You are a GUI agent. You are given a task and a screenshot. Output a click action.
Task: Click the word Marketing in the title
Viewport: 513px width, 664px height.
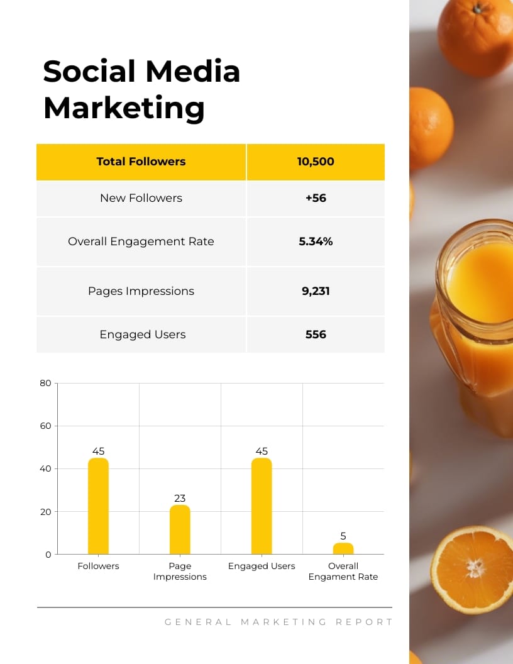point(124,108)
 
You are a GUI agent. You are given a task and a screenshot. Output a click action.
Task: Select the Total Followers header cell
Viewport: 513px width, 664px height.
point(141,162)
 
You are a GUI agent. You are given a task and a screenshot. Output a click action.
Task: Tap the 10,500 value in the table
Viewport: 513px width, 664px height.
point(316,162)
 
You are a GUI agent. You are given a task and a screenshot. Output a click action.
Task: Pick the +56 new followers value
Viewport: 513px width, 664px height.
point(316,198)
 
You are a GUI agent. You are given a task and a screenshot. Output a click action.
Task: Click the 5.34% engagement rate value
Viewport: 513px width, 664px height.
point(316,241)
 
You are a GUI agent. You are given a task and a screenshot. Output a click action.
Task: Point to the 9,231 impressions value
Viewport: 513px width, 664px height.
point(316,291)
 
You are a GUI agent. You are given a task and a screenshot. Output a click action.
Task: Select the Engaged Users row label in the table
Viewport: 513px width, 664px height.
point(143,335)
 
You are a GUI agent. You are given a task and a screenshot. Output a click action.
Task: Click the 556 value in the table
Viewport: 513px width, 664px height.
point(316,335)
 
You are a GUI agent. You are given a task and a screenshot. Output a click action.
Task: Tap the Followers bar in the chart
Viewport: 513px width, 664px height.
point(98,506)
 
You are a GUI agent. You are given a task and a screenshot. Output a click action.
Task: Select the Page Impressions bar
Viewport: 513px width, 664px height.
point(180,529)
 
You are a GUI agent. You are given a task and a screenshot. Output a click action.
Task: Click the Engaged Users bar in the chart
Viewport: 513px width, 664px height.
point(262,506)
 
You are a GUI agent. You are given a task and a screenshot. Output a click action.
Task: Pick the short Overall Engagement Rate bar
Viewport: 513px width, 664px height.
point(343,548)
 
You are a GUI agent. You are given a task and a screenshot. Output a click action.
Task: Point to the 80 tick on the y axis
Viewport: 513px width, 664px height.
point(45,383)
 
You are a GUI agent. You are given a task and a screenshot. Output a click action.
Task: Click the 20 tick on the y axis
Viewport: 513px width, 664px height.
point(45,512)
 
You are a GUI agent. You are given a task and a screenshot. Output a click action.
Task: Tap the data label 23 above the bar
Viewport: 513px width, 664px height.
point(180,498)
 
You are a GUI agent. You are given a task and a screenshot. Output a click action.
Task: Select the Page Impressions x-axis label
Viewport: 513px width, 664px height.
point(180,571)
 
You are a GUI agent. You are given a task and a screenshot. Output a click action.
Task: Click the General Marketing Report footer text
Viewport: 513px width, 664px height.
point(279,622)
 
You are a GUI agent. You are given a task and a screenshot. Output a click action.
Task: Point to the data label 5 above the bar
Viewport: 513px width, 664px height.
point(343,536)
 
